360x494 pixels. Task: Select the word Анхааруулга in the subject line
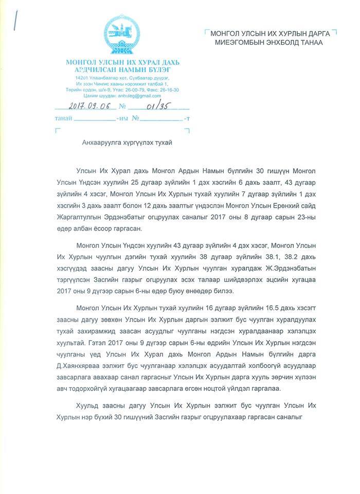(x=100, y=143)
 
